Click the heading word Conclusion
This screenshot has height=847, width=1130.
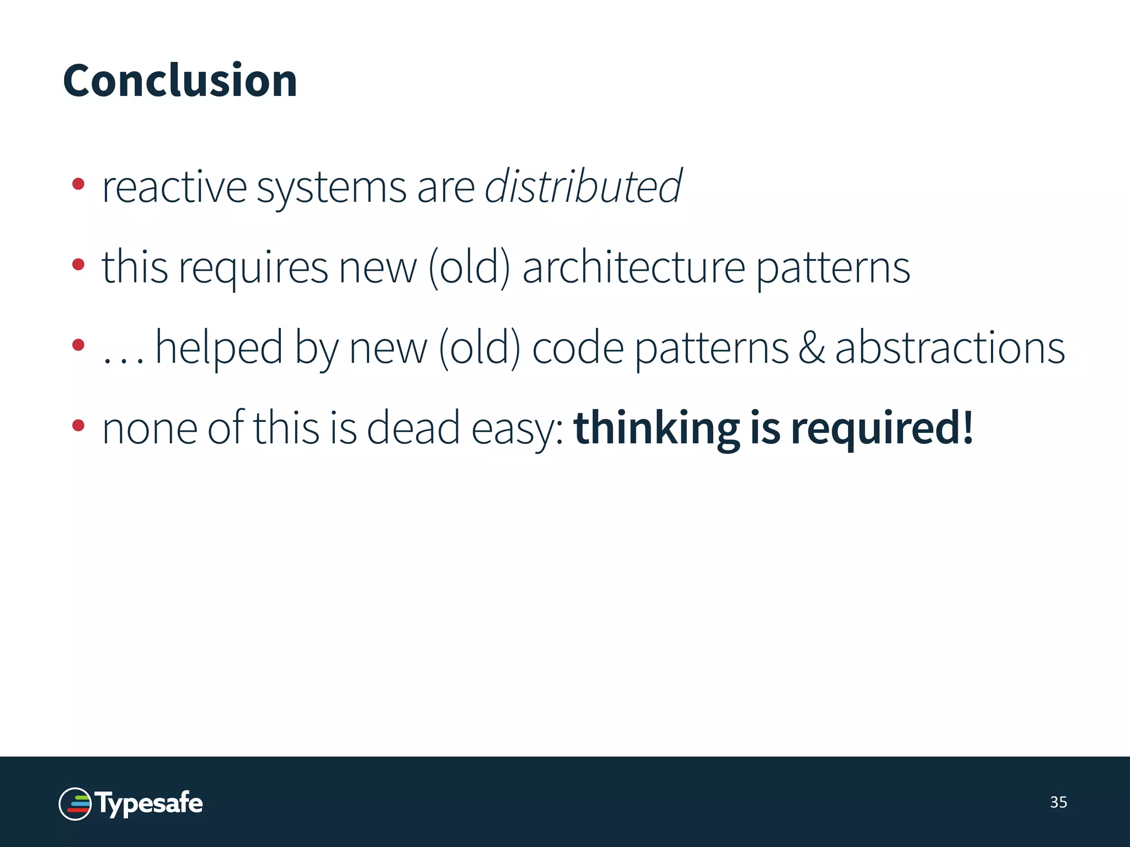(180, 81)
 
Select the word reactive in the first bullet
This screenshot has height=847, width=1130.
(174, 188)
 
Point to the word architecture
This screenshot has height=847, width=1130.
(634, 268)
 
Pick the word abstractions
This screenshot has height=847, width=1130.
(950, 348)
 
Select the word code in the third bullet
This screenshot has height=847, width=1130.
(577, 348)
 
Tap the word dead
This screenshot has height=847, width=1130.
(413, 428)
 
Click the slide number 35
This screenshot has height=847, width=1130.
(1058, 802)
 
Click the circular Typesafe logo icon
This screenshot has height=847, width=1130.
(75, 804)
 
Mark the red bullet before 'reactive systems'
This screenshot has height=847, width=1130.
(78, 184)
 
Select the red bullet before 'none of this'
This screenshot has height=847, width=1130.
(78, 425)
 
